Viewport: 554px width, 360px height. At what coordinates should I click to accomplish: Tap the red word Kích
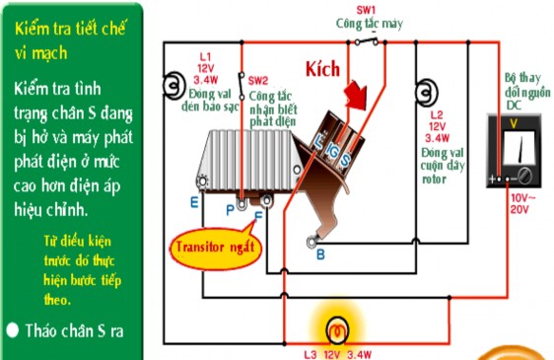tap(323, 69)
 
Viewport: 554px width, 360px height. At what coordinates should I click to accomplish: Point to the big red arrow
tap(356, 99)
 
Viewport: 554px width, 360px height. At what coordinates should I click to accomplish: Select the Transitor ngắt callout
tap(214, 244)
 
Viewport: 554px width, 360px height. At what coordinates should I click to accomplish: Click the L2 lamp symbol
tap(424, 95)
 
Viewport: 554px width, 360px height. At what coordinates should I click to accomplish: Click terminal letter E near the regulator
tap(194, 201)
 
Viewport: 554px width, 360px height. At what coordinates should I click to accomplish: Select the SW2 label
tap(258, 80)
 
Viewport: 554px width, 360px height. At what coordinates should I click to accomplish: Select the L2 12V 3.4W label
tap(439, 127)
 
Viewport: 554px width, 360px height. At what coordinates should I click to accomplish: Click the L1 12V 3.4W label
tap(205, 68)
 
